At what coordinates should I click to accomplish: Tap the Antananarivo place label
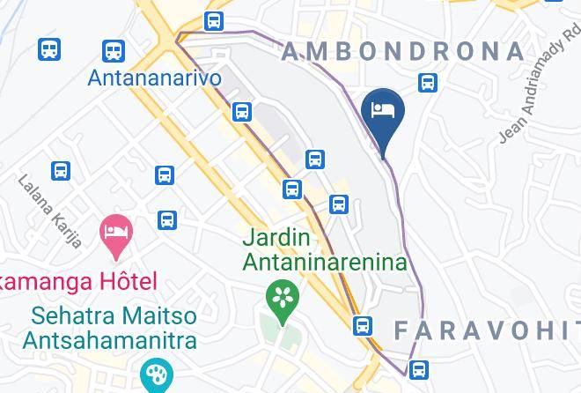[x=154, y=78]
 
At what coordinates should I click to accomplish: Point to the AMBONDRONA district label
[x=402, y=51]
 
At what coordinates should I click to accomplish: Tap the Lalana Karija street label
[x=50, y=211]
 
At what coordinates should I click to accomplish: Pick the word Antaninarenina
[x=325, y=262]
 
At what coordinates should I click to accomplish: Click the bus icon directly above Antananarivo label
[x=113, y=49]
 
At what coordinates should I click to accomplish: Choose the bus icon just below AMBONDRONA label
[x=429, y=83]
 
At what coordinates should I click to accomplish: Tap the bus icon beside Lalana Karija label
[x=61, y=170]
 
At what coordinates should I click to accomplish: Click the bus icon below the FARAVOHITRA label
[x=420, y=368]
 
